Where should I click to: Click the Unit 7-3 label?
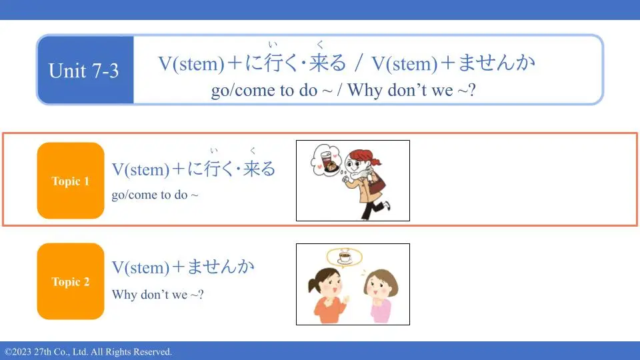tap(84, 70)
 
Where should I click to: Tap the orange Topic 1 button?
tap(71, 181)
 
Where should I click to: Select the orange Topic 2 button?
tap(71, 281)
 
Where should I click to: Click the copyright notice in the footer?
tap(88, 352)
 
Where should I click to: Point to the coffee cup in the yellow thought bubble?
tap(345, 257)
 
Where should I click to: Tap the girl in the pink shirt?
tap(381, 295)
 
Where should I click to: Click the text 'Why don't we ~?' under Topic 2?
tap(157, 294)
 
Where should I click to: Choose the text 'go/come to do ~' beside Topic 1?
tap(155, 195)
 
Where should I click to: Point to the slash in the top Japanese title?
tap(359, 63)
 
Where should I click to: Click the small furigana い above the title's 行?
tap(273, 44)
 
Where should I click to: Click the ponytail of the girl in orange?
tap(313, 283)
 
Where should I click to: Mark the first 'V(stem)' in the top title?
tap(191, 64)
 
